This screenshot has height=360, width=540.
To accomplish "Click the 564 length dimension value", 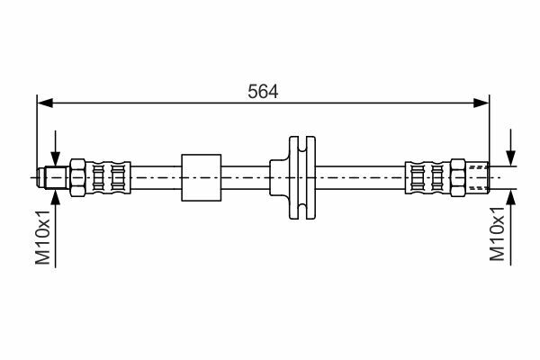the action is (x=263, y=92).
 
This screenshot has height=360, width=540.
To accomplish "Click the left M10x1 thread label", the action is (x=43, y=237).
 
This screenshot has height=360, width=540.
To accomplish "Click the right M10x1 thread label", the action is (x=498, y=234).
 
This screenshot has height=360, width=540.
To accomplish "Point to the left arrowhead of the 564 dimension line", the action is (x=45, y=103).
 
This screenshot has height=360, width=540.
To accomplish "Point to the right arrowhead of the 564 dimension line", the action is (x=481, y=103).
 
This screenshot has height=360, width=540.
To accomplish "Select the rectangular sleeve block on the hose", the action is (x=201, y=177).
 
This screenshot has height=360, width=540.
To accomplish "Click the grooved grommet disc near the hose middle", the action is (x=302, y=177).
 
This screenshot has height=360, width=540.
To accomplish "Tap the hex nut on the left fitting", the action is (x=77, y=177).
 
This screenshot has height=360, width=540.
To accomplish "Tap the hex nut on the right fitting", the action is (x=458, y=177).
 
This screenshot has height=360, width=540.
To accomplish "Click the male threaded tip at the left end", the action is (x=53, y=177).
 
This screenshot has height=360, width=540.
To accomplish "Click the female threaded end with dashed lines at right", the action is (x=477, y=177).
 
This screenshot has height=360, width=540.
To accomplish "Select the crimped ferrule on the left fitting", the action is (x=108, y=177).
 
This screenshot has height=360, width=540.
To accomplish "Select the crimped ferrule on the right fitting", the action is (x=427, y=177).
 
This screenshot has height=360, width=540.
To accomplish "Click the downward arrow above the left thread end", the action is (x=55, y=146).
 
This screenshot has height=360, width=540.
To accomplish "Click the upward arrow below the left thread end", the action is (x=55, y=230).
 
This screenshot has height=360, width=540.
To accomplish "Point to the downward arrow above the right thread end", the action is (x=511, y=148).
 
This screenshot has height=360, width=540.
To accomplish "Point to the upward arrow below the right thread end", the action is (x=511, y=228).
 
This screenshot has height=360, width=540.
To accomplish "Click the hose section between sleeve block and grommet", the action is (x=245, y=177).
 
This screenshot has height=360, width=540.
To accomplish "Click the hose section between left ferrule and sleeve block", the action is (x=156, y=177).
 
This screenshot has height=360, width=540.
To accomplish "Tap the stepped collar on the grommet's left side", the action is (x=279, y=177).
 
